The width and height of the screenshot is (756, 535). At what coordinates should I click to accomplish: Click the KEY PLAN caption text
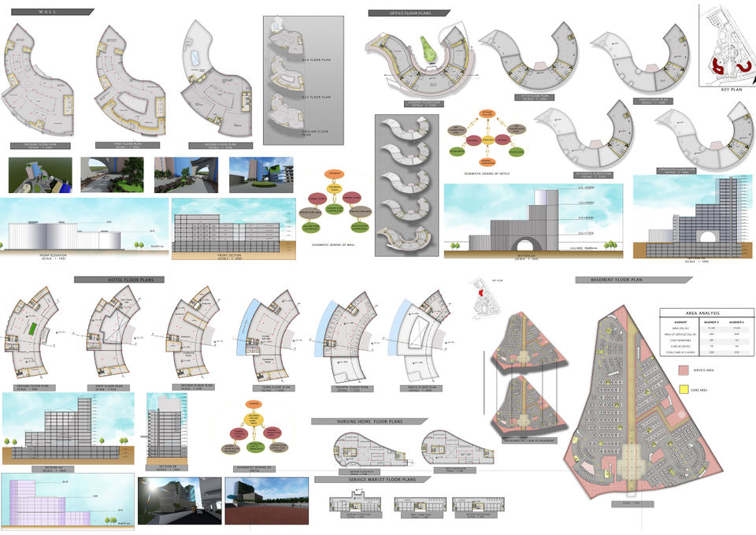tap(732, 90)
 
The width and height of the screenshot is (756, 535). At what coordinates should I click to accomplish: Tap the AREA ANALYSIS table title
tap(700, 313)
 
